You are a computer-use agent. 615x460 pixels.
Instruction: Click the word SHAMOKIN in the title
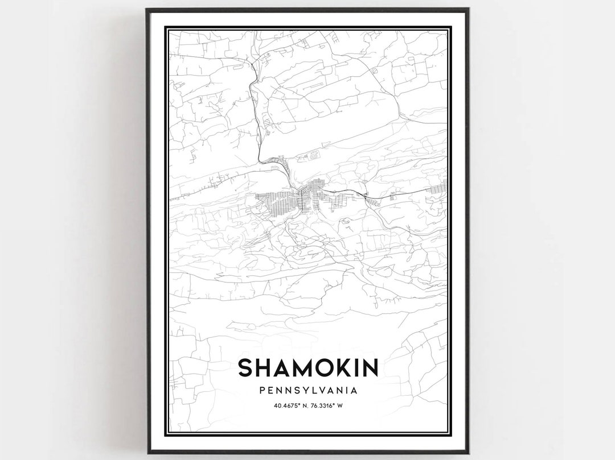307,368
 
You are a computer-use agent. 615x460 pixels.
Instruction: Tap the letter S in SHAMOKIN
244,368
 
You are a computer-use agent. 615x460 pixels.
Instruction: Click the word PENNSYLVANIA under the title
307,391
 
